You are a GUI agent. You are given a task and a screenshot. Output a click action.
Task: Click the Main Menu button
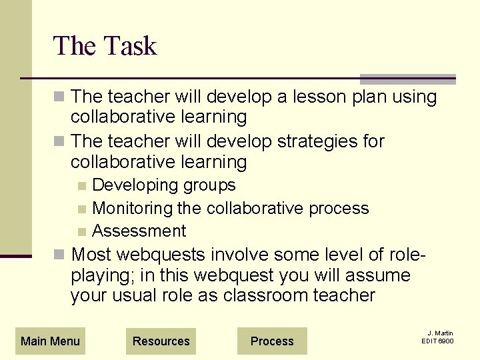pyautogui.click(x=50, y=341)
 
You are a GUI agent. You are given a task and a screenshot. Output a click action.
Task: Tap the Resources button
pyautogui.click(x=161, y=341)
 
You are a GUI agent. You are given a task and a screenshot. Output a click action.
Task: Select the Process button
pyautogui.click(x=272, y=341)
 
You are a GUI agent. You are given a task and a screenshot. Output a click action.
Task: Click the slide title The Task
pyautogui.click(x=105, y=46)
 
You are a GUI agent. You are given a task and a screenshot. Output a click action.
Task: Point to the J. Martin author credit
pyautogui.click(x=440, y=333)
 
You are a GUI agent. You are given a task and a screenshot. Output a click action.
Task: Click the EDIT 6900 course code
pyautogui.click(x=437, y=341)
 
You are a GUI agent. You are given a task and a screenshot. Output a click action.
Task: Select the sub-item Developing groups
pyautogui.click(x=164, y=185)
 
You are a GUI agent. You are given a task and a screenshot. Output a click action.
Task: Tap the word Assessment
pyautogui.click(x=139, y=231)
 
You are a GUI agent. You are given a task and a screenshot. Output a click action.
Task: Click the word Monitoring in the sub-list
pyautogui.click(x=133, y=208)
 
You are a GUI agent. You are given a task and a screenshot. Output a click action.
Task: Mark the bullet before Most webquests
pyautogui.click(x=59, y=255)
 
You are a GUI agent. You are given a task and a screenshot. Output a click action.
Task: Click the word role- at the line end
pyautogui.click(x=403, y=255)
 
